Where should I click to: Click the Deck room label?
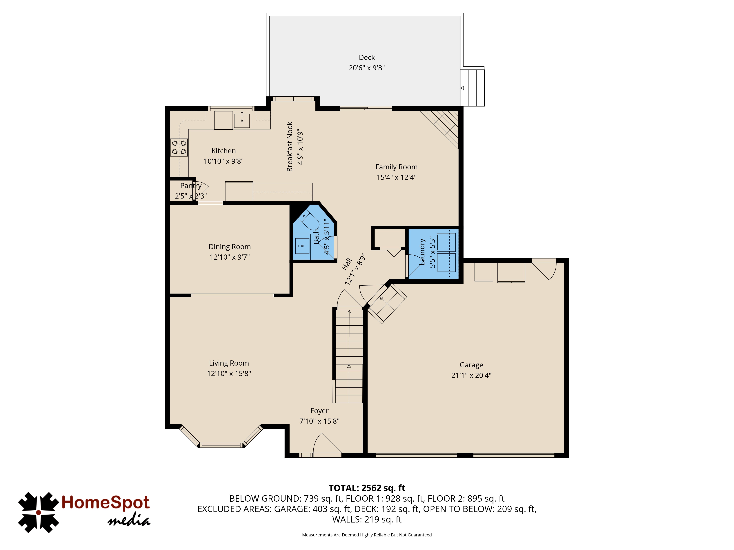click(367, 57)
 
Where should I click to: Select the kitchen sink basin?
click(242, 120)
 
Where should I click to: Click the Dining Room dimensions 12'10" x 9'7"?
click(230, 257)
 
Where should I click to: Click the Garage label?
click(471, 365)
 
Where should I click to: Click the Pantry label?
click(191, 186)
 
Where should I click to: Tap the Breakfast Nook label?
click(290, 146)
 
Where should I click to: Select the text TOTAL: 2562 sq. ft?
click(367, 488)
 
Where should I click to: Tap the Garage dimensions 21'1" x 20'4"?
click(471, 375)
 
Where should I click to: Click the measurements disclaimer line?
click(367, 535)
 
